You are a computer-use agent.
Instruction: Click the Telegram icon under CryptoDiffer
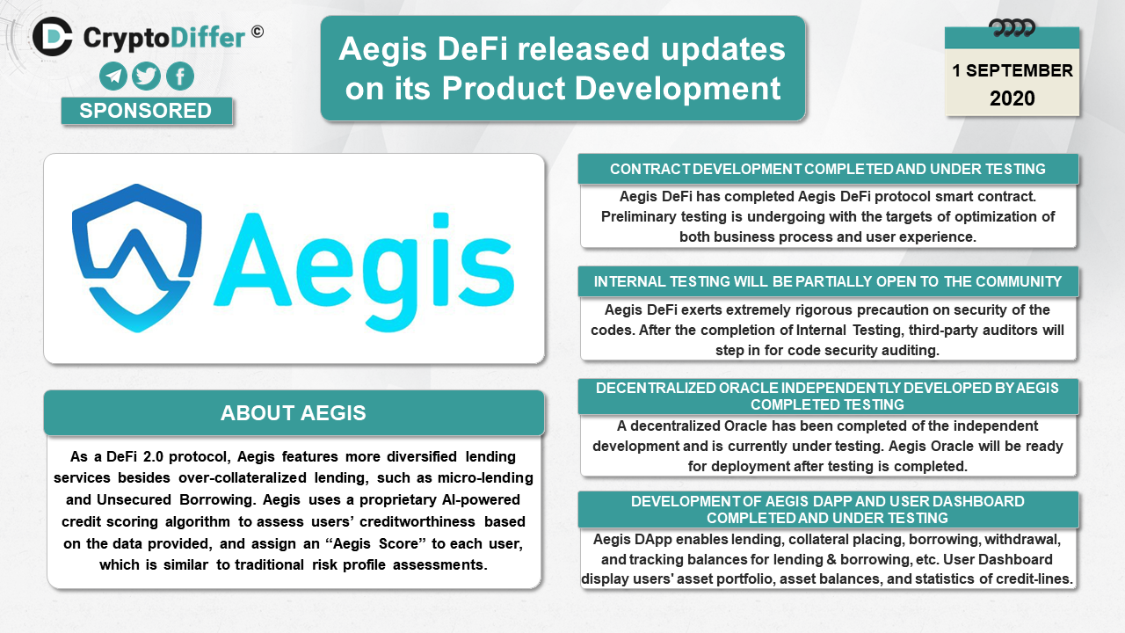point(113,76)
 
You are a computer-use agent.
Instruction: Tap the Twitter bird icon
point(146,76)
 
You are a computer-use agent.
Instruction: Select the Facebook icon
point(180,76)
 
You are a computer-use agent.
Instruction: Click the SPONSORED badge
point(147,111)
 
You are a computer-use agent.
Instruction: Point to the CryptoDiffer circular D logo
point(52,36)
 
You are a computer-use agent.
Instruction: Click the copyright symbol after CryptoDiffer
point(258,32)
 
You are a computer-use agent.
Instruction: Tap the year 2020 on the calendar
point(1012,98)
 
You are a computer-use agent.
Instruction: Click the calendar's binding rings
point(1012,27)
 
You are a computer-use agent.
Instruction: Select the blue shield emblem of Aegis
point(136,258)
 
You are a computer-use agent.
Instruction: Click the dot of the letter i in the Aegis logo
point(440,220)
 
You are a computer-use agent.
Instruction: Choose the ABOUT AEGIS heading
point(294,413)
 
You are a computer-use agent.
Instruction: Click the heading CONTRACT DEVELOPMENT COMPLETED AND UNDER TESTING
point(828,170)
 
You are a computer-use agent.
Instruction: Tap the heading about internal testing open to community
point(828,282)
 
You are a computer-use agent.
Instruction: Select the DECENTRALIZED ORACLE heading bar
point(828,397)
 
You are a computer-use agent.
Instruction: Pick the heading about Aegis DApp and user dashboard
point(828,509)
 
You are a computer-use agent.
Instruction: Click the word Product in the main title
point(503,89)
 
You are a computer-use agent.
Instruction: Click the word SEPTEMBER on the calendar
point(1019,71)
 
